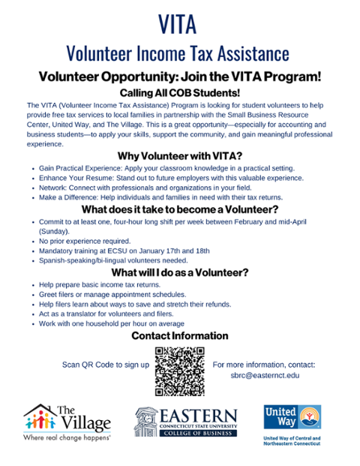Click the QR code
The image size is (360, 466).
(x=180, y=371)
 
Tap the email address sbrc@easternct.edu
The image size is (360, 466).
(x=264, y=377)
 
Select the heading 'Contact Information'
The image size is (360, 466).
(x=180, y=335)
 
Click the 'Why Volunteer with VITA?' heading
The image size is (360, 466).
(x=180, y=156)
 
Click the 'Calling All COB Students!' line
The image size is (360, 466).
(x=180, y=91)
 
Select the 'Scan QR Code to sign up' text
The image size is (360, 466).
(x=105, y=365)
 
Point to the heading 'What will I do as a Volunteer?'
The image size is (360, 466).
(x=180, y=272)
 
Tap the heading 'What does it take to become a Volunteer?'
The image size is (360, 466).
(x=180, y=209)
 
